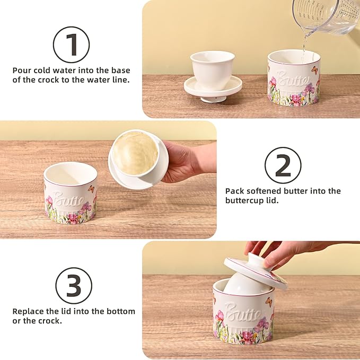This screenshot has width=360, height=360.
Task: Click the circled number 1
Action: pos(71,45)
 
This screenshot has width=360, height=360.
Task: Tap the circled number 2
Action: pos(283,165)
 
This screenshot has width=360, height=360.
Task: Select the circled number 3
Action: pos(74,286)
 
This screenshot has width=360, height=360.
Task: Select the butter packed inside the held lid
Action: pos(134,153)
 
